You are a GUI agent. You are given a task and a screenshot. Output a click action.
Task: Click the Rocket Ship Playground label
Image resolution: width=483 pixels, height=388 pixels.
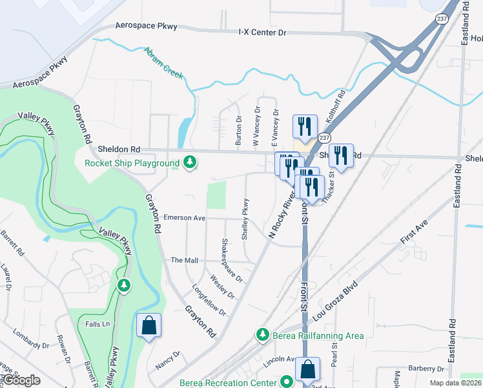pos(132,162)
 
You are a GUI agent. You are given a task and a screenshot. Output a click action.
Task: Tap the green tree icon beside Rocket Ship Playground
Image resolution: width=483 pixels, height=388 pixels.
pos(189,162)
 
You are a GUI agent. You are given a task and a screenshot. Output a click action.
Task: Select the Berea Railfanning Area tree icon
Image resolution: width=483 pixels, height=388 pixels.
pos(262,334)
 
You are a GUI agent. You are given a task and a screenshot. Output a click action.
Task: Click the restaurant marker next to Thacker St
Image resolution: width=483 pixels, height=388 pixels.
pos(340,155)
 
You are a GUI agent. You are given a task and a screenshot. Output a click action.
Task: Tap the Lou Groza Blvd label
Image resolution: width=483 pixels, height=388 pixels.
pos(334,300)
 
